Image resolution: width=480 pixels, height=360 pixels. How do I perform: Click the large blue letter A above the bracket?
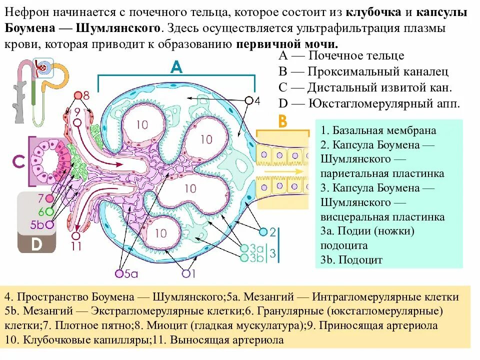[176, 66]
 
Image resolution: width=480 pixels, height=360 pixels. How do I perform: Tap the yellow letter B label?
[282, 121]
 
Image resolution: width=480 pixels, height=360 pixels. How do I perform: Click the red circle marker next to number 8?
[78, 95]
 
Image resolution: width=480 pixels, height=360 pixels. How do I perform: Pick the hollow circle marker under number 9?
[77, 121]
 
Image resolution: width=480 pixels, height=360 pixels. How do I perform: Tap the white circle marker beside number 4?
[248, 100]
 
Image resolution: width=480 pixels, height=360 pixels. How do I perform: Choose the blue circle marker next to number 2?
[263, 231]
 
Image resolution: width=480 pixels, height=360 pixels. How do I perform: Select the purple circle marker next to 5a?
[119, 273]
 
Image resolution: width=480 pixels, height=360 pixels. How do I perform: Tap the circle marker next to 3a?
[244, 248]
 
